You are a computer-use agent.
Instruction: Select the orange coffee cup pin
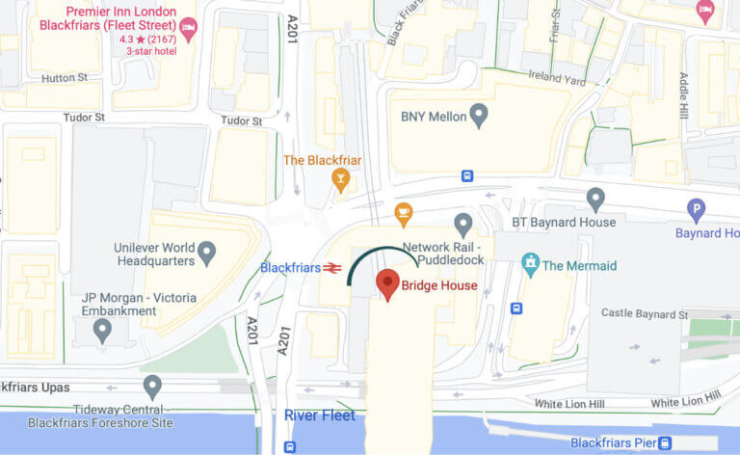point(404,212)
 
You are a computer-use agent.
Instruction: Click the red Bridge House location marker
point(387,283)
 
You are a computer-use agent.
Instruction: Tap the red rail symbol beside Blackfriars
point(333,268)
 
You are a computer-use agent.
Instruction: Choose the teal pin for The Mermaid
point(529,261)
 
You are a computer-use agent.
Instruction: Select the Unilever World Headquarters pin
point(205,253)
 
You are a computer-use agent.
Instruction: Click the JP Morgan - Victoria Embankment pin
point(103,330)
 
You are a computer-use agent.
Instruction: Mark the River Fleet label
point(320,415)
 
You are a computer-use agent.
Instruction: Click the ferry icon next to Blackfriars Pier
point(664,443)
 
